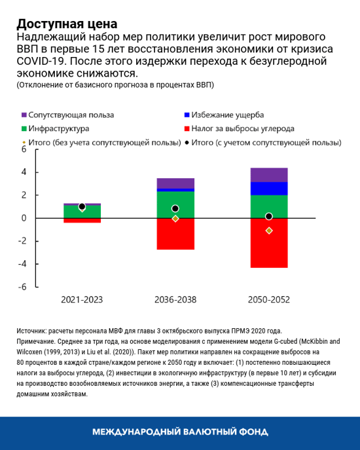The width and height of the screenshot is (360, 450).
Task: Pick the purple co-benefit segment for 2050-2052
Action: point(268,175)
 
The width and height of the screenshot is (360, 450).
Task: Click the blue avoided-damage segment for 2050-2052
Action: point(268,189)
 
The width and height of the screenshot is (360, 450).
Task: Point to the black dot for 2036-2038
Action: point(175,209)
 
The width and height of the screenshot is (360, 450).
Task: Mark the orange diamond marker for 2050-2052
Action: point(268,231)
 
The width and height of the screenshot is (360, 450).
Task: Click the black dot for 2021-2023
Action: point(82,206)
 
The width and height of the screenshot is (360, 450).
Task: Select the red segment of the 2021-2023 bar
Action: point(82,221)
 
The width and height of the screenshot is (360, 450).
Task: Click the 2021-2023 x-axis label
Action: point(82,299)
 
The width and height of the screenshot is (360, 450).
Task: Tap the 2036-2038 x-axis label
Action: point(175,299)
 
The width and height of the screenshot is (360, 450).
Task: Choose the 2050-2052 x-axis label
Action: point(268,299)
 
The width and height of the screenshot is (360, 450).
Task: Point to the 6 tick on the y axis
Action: point(23,149)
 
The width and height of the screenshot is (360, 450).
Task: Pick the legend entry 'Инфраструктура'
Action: point(60,128)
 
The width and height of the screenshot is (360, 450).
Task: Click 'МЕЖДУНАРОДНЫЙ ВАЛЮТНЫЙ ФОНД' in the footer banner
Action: point(180,432)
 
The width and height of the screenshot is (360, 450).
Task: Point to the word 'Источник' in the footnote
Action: point(31,331)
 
